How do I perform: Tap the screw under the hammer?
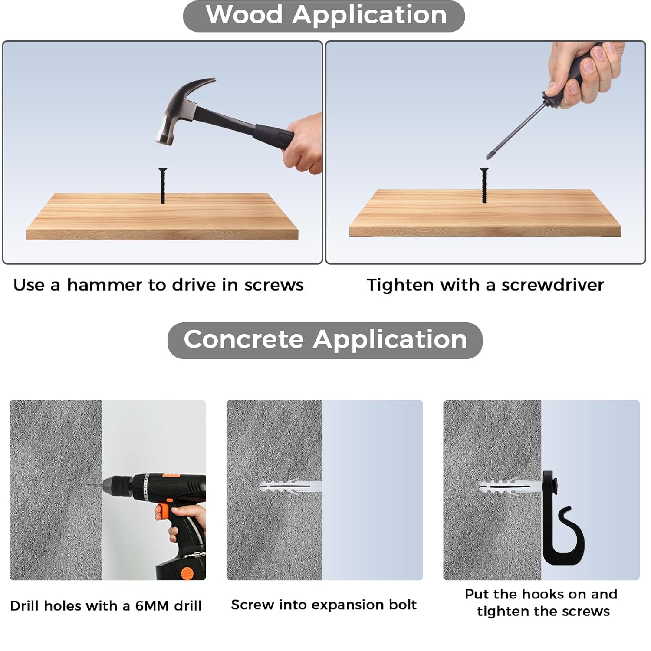click(x=163, y=185)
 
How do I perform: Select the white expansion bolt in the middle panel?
click(x=289, y=487)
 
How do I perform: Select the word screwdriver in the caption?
click(x=552, y=285)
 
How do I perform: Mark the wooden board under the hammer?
click(x=162, y=216)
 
